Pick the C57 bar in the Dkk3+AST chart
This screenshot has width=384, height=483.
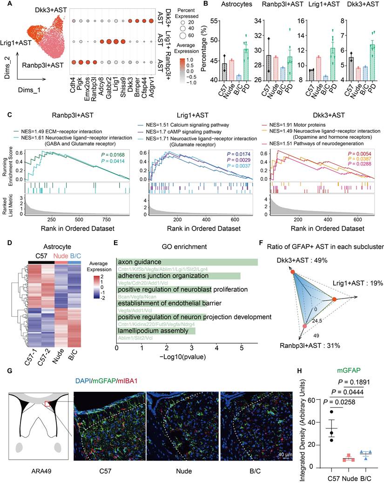(351, 68)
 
